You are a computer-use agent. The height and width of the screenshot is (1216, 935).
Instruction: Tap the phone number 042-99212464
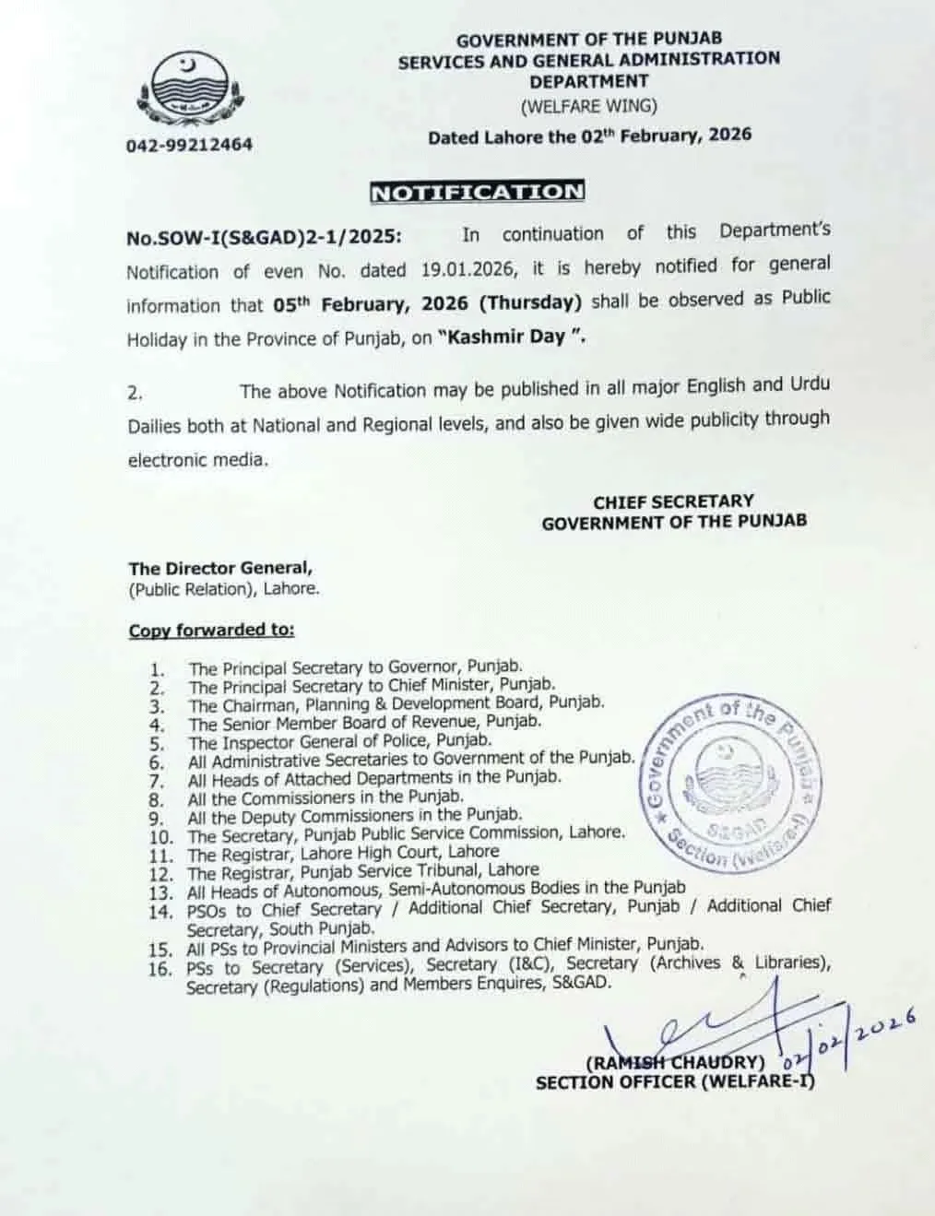pos(189,145)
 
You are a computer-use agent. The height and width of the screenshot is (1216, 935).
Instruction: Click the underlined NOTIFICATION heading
pos(477,192)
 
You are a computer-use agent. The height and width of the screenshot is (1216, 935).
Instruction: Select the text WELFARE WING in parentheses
pos(589,106)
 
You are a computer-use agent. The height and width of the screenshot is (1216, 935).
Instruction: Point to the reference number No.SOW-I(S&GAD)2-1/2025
pos(264,237)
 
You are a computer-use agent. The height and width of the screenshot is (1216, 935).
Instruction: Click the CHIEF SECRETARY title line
pos(673,502)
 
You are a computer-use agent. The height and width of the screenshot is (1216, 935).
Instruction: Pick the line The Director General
pos(220,569)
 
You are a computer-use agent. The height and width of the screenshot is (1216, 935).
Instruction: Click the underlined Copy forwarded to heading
pos(211,631)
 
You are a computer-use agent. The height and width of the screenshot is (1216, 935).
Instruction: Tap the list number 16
pos(160,968)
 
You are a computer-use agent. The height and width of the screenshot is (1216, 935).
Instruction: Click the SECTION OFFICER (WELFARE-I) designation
pos(675,1081)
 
